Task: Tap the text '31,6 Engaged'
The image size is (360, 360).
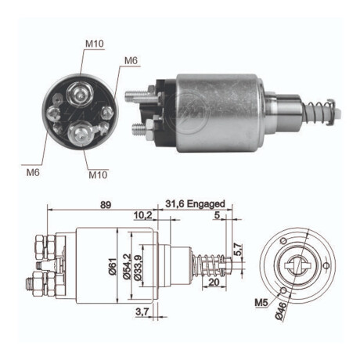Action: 195,204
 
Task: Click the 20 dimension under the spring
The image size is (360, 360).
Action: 214,284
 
